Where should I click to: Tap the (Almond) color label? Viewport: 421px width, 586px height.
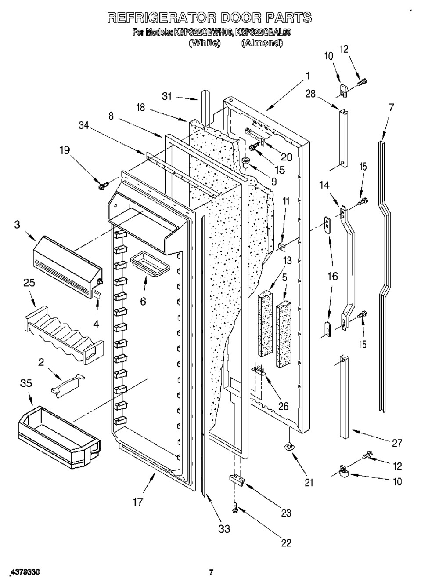pos(262,43)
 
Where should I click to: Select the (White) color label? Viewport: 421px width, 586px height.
pos(205,43)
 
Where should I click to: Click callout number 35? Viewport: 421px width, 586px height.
pos(26,384)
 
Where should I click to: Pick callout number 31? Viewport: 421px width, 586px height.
pos(167,97)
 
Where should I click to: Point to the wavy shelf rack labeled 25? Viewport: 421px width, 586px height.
pos(64,335)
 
